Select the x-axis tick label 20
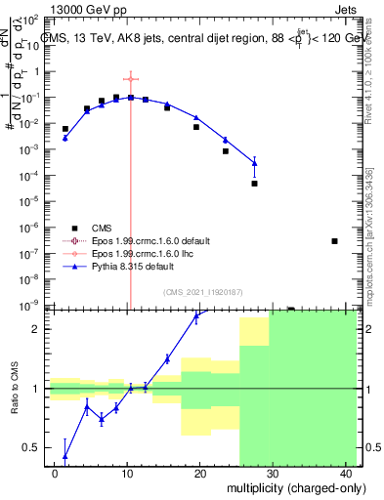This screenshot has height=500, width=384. (199, 474)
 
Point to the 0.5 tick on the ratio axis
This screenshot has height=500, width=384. (34, 448)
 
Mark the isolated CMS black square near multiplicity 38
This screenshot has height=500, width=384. (334, 241)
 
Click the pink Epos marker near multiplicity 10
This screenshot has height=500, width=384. (129, 79)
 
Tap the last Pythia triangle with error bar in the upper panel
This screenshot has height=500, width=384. (254, 162)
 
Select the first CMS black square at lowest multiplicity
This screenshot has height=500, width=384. (65, 129)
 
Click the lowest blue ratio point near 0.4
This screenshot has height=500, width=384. (64, 455)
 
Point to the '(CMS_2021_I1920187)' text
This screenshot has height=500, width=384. (202, 292)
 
